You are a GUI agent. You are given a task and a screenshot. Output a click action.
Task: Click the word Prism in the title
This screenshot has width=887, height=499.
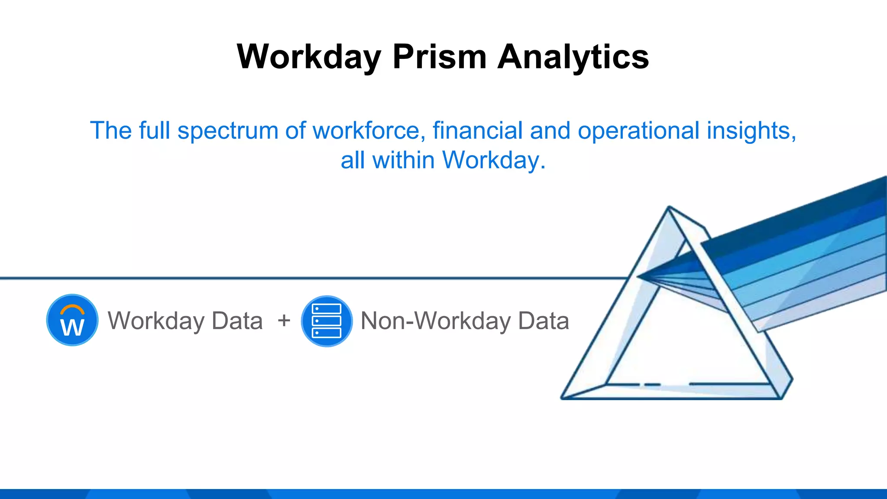tap(440, 57)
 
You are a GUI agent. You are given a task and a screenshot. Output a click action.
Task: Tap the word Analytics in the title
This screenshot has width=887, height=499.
tap(573, 57)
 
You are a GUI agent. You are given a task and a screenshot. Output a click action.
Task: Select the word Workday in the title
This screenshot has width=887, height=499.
tap(309, 57)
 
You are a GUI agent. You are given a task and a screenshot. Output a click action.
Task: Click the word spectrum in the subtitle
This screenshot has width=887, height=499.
tap(227, 131)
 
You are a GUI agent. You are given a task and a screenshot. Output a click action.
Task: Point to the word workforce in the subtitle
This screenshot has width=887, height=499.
tap(366, 131)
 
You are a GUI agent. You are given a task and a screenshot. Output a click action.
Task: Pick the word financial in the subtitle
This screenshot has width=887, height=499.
tap(477, 131)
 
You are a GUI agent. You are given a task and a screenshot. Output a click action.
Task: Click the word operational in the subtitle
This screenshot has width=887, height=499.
tap(638, 131)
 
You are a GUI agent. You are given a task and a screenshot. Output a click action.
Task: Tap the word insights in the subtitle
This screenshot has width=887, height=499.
tap(751, 131)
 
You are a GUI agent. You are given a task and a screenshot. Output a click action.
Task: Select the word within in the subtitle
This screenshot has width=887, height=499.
tap(403, 160)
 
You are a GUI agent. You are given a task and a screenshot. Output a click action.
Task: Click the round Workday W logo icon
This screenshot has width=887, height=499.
tap(72, 320)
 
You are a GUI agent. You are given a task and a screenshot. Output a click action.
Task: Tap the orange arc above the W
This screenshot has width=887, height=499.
tap(72, 308)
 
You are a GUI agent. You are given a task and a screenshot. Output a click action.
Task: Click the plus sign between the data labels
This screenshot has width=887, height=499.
tap(284, 321)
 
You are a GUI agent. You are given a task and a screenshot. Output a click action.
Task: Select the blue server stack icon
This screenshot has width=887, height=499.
tap(327, 321)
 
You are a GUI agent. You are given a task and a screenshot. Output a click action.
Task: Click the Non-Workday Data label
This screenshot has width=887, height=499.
tap(464, 321)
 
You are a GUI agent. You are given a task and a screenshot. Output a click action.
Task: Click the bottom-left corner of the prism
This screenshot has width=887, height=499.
tap(562, 398)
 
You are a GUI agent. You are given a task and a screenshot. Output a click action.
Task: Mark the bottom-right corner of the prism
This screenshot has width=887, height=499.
tap(782, 398)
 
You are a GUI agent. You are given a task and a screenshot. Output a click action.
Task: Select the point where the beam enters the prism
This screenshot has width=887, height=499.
tap(638, 276)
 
